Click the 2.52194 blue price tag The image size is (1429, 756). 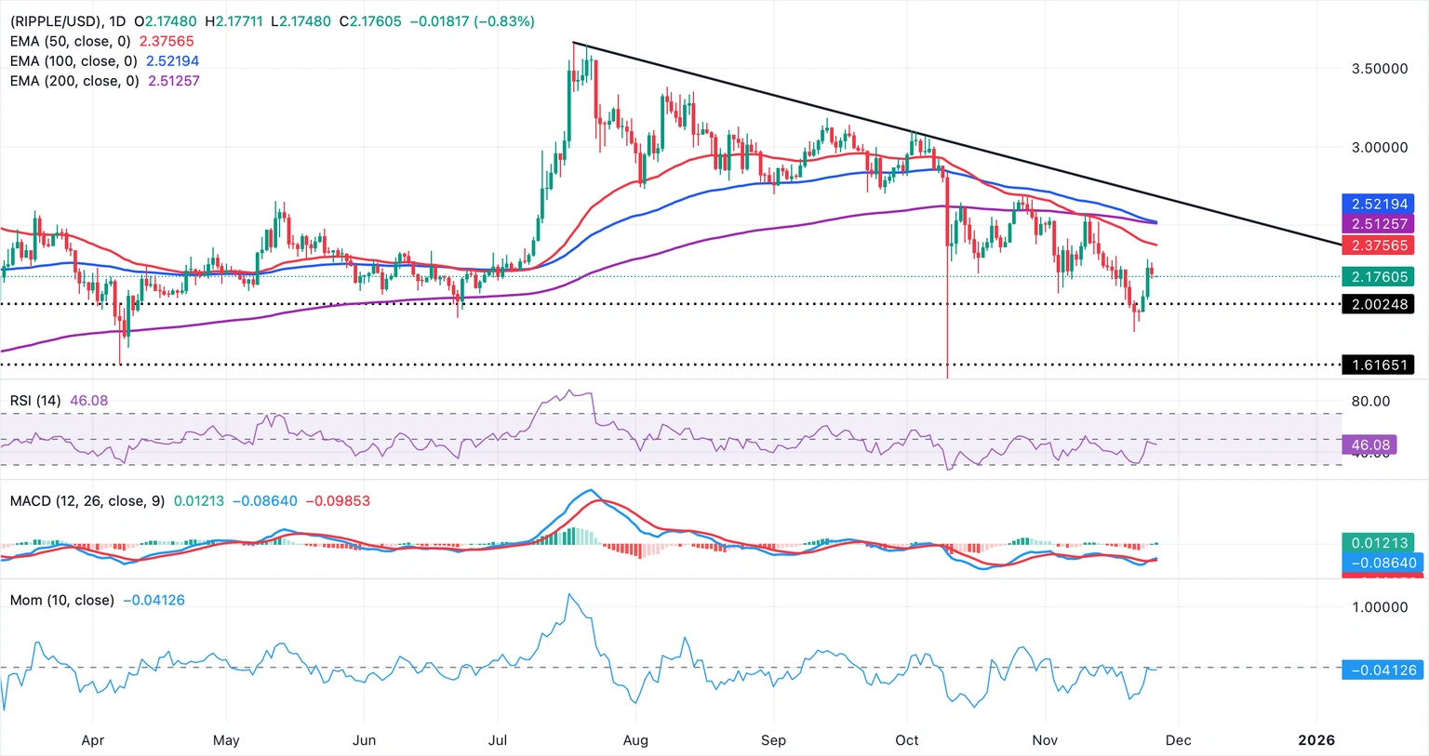(x=1379, y=204)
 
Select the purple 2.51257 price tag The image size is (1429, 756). (x=1379, y=224)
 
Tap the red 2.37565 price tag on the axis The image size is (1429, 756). (x=1379, y=245)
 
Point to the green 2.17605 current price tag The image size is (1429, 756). (x=1379, y=277)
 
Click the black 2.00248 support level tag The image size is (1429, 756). (x=1379, y=304)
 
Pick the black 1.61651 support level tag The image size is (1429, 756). (x=1379, y=365)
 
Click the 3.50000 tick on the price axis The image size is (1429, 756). (x=1379, y=69)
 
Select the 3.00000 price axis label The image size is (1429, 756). (x=1379, y=147)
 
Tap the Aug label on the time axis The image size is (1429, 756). (x=635, y=740)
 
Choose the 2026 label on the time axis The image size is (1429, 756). (x=1316, y=740)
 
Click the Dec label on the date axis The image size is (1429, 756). (x=1178, y=740)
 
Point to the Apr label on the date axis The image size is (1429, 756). (x=92, y=740)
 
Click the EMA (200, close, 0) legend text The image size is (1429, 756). (x=74, y=81)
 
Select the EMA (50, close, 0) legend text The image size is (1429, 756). (x=71, y=41)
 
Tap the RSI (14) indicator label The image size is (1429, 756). (x=35, y=401)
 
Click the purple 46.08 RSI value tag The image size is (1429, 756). (x=1369, y=445)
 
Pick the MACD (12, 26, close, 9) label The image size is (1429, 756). (x=87, y=501)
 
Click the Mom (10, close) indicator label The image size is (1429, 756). (x=61, y=601)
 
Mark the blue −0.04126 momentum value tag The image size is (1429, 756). (x=1381, y=670)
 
